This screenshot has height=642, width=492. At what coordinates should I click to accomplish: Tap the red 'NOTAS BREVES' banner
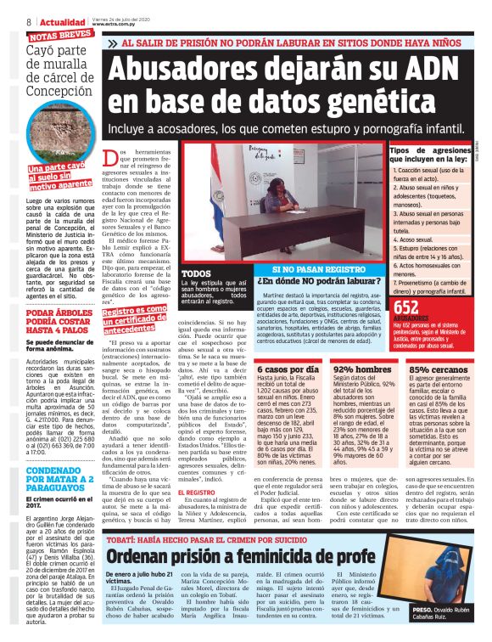(60, 37)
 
